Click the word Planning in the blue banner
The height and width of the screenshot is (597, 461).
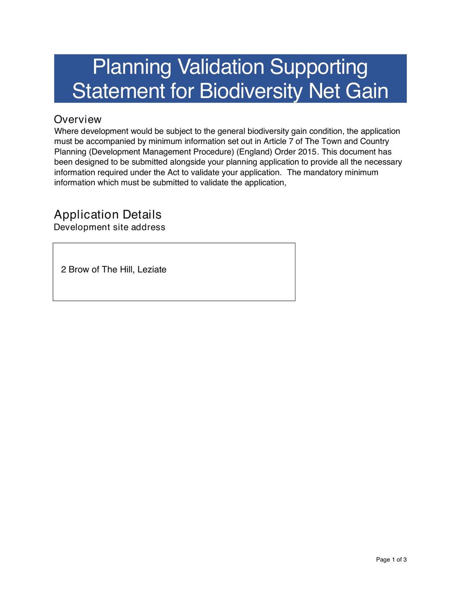[132, 67]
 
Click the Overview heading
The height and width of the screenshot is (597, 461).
[78, 119]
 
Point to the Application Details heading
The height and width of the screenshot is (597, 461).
[108, 215]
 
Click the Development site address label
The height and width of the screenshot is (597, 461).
[109, 227]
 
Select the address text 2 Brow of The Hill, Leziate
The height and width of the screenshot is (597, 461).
[114, 269]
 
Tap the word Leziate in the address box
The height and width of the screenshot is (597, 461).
[152, 269]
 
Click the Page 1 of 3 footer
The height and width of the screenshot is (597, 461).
[391, 560]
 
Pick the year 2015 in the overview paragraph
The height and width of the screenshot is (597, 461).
[307, 152]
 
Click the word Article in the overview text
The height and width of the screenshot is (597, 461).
[275, 141]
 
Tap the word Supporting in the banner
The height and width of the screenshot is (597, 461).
[319, 67]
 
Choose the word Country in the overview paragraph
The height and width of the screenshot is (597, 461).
[374, 141]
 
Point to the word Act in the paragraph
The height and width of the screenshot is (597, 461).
[173, 172]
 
